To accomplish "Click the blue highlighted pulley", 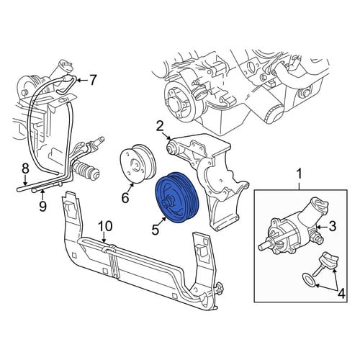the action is (x=177, y=198).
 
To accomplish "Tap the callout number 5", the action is (x=156, y=230).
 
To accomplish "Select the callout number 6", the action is (x=125, y=198).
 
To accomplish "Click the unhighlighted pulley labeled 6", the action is (x=138, y=163).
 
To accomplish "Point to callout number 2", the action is (x=160, y=127).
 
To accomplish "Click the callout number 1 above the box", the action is (x=299, y=174).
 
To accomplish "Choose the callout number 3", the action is (x=332, y=226).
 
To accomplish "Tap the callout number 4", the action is (x=341, y=293).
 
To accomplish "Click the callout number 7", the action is (x=93, y=80).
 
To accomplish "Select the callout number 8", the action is (x=25, y=168).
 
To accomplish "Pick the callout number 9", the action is (x=42, y=206).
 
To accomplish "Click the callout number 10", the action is (x=105, y=226).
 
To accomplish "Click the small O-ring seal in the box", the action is (x=310, y=280).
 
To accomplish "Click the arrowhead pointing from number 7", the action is (x=78, y=80).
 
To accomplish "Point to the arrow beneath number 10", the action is (x=104, y=238).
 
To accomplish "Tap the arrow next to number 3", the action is (x=321, y=227).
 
